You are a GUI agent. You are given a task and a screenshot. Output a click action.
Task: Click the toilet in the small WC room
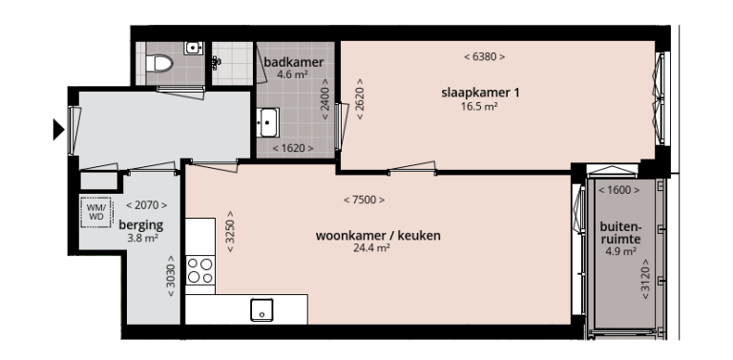[x=158, y=63]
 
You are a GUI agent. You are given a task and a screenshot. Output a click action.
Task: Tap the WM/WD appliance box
[x=96, y=211]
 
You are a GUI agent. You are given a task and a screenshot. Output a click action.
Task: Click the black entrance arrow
[x=58, y=129]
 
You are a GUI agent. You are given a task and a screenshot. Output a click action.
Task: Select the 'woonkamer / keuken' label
[x=364, y=235]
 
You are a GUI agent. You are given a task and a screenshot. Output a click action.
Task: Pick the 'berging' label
[x=140, y=225]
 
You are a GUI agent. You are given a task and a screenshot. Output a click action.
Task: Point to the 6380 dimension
[x=484, y=57]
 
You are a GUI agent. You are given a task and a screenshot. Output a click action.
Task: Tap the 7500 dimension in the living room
[x=364, y=201]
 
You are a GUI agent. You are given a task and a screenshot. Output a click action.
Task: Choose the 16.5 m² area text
[x=478, y=106]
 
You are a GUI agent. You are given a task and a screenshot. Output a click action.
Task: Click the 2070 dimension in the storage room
[x=147, y=205]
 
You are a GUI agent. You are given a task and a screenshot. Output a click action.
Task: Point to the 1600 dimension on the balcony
[x=618, y=191]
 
